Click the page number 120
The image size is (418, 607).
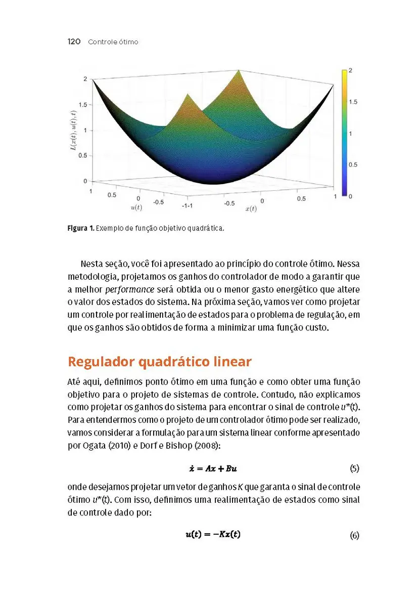tap(74, 41)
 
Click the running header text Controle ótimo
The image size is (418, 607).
tap(113, 42)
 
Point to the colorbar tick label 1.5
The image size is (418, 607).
tap(353, 102)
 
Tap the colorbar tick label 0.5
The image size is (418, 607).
tap(353, 164)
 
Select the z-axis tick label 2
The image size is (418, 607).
tap(86, 79)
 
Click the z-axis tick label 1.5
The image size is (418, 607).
tap(83, 105)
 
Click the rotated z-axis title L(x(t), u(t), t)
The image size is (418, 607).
tap(74, 131)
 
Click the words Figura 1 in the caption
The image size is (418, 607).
tap(80, 228)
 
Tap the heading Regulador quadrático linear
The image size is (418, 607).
tap(159, 362)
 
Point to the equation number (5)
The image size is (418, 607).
tap(354, 468)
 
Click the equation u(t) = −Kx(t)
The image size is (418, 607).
tap(213, 534)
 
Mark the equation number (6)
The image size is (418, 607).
tap(354, 535)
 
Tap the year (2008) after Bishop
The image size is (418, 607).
tap(174, 447)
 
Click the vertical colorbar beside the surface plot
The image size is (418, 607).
tap(344, 133)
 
